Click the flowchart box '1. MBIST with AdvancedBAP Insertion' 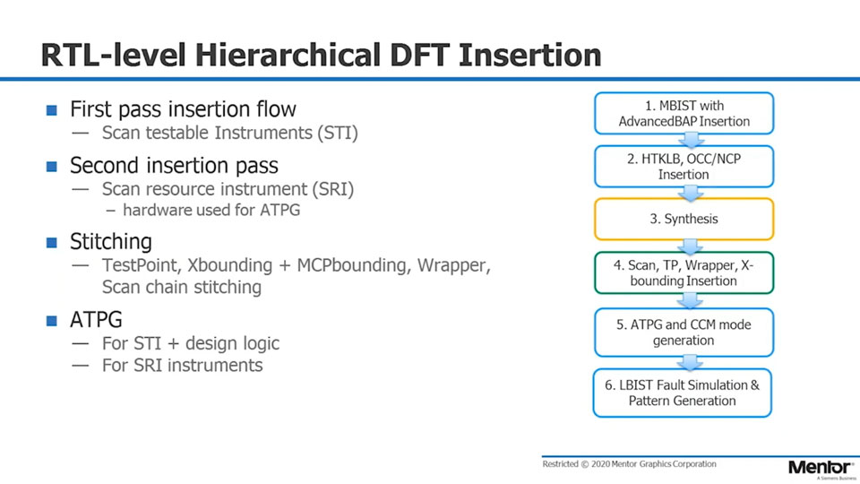(684, 114)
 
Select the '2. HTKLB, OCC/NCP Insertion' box (684, 167)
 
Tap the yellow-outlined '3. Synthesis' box (684, 219)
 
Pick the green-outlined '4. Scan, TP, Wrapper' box (684, 273)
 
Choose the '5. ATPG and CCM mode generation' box (684, 333)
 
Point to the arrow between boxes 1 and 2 (690, 140)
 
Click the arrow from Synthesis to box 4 (690, 246)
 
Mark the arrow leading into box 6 (690, 362)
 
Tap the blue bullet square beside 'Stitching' (52, 243)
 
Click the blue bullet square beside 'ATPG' (52, 320)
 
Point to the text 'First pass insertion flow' (183, 110)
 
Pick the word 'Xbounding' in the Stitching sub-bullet (228, 265)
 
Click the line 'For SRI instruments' (182, 366)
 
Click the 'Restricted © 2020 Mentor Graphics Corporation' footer (629, 464)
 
